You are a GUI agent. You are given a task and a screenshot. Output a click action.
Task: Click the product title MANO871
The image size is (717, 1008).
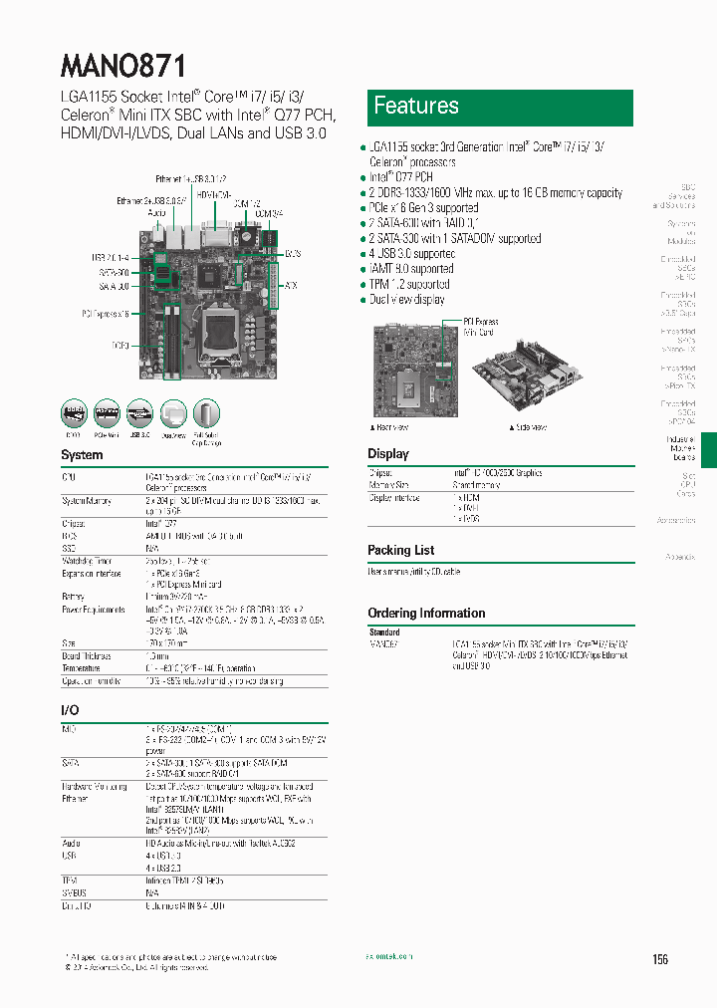[123, 66]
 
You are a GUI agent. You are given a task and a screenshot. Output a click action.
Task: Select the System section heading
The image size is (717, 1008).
[82, 455]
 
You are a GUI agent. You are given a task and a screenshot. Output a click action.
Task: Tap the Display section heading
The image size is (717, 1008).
[388, 454]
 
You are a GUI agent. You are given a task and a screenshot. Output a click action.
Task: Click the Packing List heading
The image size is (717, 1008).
[400, 550]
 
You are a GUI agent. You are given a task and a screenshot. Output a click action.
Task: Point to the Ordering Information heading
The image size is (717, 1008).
[426, 614]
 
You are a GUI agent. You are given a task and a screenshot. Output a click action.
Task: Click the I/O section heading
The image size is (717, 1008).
[70, 710]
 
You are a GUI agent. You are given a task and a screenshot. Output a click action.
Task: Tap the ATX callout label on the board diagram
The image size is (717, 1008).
[291, 286]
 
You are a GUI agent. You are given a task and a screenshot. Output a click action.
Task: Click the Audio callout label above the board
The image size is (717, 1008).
[156, 213]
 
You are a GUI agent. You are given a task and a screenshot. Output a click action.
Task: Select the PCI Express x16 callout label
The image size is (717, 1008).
[107, 314]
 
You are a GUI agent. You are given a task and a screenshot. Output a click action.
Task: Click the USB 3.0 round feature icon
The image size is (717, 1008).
[139, 414]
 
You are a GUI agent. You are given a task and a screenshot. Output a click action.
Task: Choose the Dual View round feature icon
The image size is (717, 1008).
[173, 414]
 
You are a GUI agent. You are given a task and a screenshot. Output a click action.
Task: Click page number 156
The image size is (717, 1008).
[660, 959]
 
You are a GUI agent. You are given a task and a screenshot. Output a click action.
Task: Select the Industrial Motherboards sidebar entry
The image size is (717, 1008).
[682, 448]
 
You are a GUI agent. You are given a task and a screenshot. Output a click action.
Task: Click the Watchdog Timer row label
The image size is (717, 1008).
[86, 561]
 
